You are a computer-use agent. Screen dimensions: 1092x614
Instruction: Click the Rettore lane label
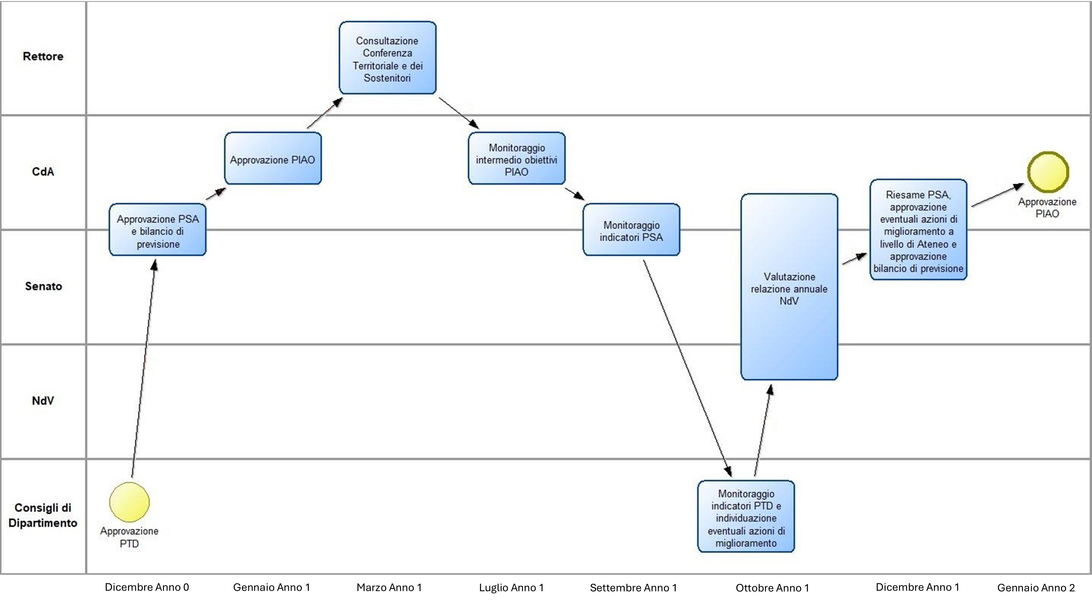(x=43, y=56)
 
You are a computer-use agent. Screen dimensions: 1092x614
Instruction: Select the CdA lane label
(x=43, y=172)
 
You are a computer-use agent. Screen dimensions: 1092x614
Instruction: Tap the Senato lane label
(x=43, y=287)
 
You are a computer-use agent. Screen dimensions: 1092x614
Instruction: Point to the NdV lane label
(x=43, y=401)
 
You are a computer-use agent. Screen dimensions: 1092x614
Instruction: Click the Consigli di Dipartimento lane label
(x=43, y=515)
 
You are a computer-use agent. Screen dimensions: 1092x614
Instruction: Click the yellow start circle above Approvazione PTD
(x=129, y=502)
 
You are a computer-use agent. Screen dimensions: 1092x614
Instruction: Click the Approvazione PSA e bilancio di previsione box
(x=158, y=230)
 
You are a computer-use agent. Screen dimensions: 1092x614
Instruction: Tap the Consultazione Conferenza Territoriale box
(x=387, y=58)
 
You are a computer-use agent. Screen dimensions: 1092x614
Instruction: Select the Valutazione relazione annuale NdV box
(x=789, y=287)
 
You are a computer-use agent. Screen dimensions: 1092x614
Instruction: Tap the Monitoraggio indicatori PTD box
(x=746, y=516)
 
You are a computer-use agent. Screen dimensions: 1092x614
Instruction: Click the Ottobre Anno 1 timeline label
(x=772, y=588)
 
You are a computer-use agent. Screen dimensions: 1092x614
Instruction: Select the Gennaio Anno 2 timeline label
(x=1036, y=588)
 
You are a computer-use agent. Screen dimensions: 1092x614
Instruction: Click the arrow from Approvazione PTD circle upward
(x=143, y=369)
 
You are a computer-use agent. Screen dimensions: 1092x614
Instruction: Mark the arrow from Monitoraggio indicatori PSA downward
(x=687, y=369)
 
